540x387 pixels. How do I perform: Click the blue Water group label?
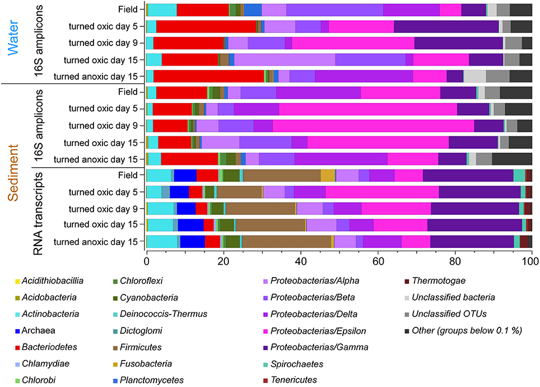[x=13, y=38]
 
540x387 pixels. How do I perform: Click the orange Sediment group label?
[x=13, y=173]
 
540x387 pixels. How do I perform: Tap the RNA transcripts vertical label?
[x=38, y=214]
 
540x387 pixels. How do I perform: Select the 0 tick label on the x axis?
[x=146, y=261]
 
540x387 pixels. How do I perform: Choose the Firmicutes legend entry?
[x=137, y=347]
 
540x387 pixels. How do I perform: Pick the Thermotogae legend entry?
[x=435, y=281]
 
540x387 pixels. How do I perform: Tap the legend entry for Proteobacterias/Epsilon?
[x=314, y=331]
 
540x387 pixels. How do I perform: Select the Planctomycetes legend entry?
[x=148, y=380]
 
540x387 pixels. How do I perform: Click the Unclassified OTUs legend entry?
[x=446, y=314]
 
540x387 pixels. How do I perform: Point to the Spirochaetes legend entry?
[x=294, y=364]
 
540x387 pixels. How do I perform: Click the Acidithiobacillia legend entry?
[x=49, y=281]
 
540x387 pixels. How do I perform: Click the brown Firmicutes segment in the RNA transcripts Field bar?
[x=282, y=175]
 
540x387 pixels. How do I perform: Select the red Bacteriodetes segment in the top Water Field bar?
[x=203, y=10]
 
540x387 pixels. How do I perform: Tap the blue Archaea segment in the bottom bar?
[x=193, y=241]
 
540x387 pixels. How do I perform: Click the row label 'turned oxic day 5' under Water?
[x=103, y=26]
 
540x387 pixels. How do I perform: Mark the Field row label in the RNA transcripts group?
[x=128, y=175]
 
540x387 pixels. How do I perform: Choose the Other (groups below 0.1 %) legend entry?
[x=463, y=330]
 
